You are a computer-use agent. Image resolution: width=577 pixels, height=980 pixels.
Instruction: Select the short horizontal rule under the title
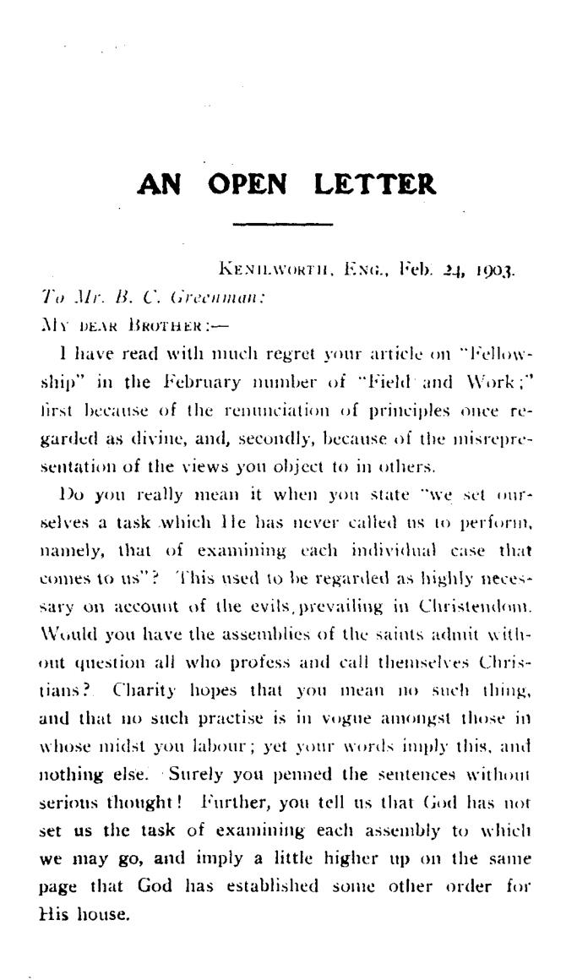tap(283, 224)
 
